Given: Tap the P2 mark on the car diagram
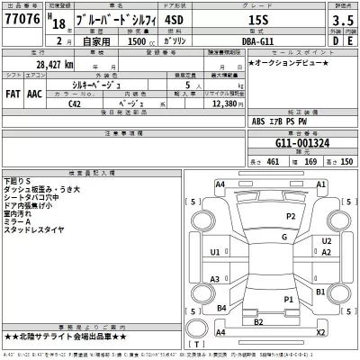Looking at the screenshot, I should coord(292,217).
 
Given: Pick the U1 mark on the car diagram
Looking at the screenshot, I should coord(215,254).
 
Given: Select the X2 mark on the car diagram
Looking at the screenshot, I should coord(319,332).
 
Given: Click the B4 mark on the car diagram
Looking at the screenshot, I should coord(220,309).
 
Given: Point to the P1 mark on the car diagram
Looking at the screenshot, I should coord(287,299).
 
